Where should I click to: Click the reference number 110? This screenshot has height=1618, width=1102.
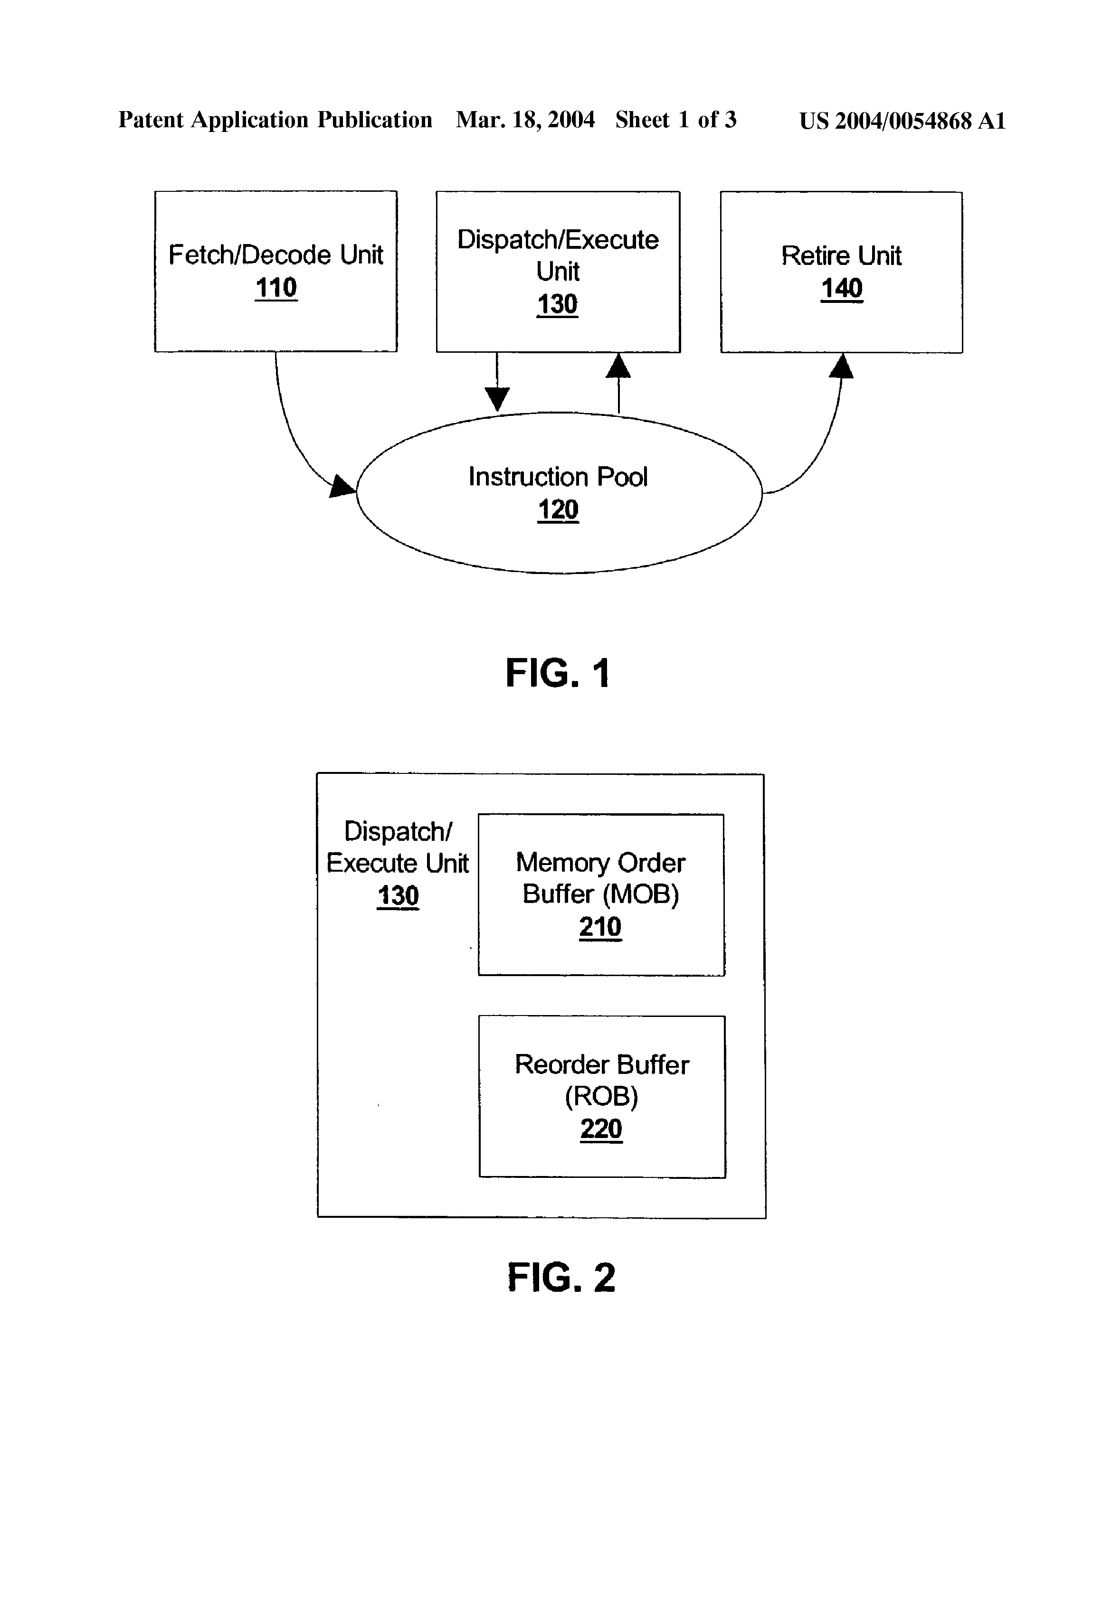(276, 288)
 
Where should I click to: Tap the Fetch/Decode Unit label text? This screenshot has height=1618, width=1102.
(276, 255)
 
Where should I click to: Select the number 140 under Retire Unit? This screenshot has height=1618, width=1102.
(842, 288)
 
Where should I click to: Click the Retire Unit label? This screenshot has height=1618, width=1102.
(842, 255)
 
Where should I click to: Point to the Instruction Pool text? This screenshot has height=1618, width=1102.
(558, 477)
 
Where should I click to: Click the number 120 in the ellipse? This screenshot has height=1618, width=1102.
(558, 509)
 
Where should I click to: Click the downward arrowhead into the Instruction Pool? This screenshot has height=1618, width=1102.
(497, 400)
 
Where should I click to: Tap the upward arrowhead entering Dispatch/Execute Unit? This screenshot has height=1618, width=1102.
(618, 366)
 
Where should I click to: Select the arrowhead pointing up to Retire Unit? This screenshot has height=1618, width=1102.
(842, 366)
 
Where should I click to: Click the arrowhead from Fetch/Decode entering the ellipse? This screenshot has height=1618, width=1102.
(342, 487)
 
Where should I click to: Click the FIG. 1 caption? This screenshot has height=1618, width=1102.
(558, 673)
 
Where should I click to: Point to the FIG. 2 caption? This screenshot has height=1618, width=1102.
(561, 1278)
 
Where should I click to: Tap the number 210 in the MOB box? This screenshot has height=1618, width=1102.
(600, 927)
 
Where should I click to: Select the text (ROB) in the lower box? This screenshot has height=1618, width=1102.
(601, 1097)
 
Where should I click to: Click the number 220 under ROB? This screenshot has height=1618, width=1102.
(601, 1129)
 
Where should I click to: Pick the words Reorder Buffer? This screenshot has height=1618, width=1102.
(602, 1064)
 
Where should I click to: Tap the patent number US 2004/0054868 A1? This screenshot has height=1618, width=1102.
(902, 121)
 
